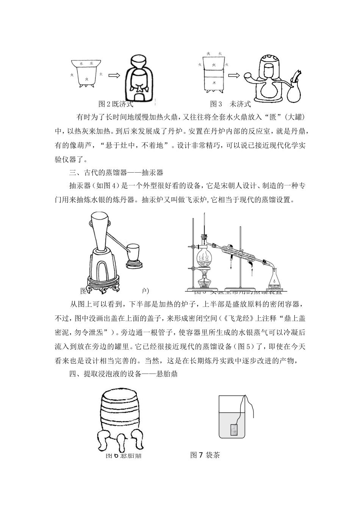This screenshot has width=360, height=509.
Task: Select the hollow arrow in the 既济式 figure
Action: tap(114, 75)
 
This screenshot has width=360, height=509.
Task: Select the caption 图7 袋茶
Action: tap(205, 455)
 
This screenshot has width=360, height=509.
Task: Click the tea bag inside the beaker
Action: tap(234, 430)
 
